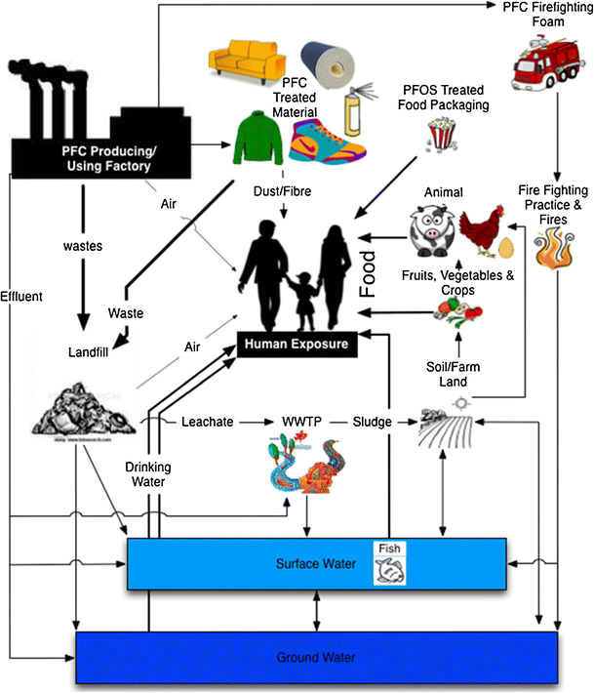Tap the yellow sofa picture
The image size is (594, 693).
click(x=240, y=61)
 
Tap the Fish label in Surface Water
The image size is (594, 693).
click(x=389, y=549)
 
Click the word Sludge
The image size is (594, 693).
click(x=373, y=422)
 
